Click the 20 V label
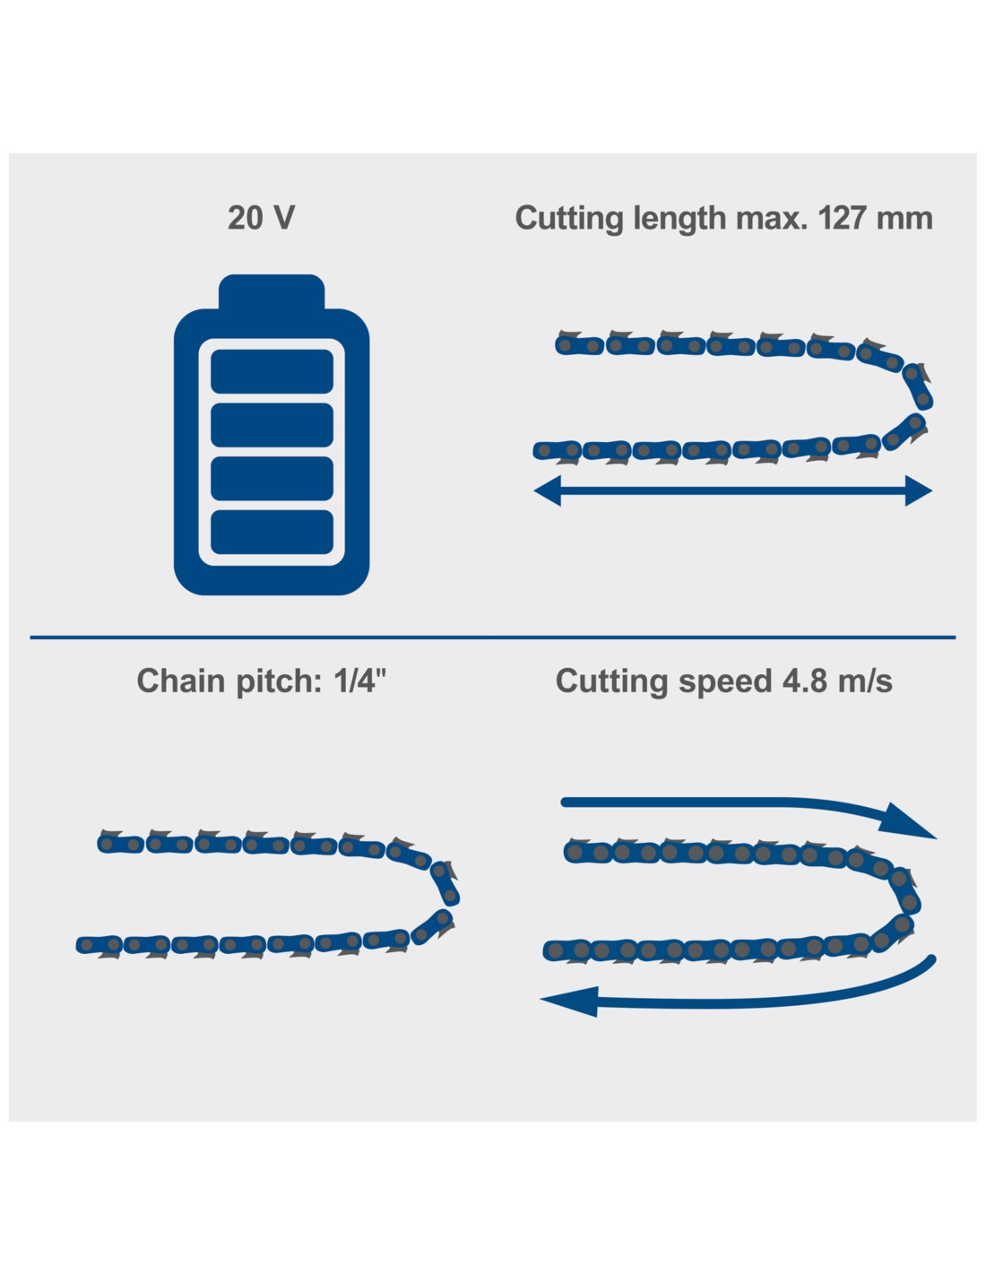(x=261, y=218)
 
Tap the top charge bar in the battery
(x=272, y=371)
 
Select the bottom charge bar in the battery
(x=272, y=533)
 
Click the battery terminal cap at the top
(x=272, y=291)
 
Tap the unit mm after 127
(x=904, y=221)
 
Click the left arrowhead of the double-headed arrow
(x=547, y=490)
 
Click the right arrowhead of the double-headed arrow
(x=919, y=490)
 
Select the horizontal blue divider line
(x=493, y=637)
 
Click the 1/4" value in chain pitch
(x=359, y=681)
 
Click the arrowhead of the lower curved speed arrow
(x=569, y=1001)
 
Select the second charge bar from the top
(x=272, y=425)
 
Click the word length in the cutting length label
(x=679, y=220)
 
